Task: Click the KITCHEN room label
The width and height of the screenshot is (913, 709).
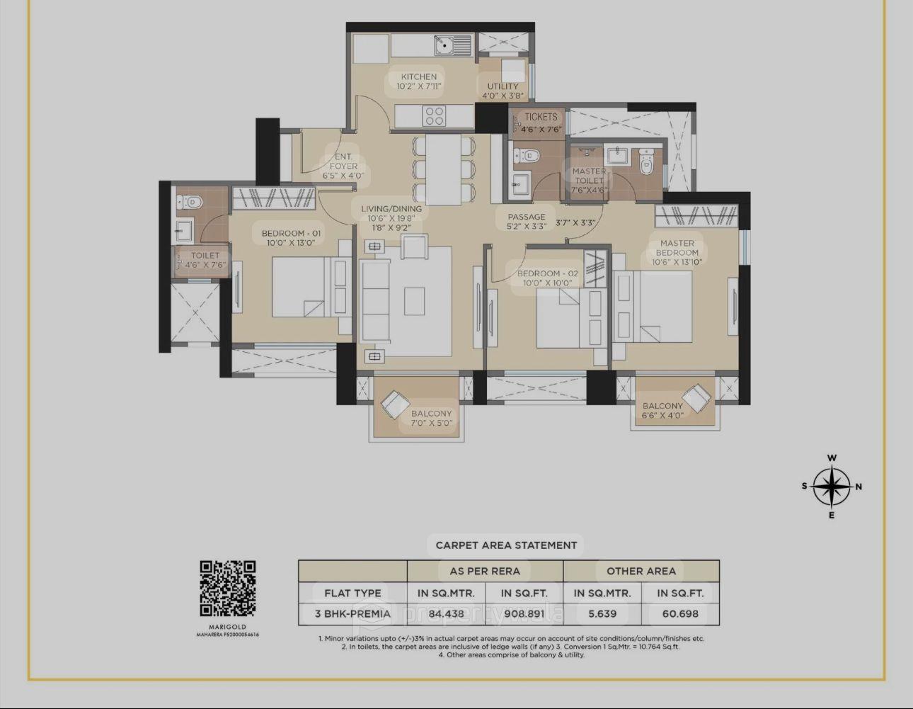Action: (419, 76)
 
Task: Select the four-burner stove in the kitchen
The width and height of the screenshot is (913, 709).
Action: (434, 115)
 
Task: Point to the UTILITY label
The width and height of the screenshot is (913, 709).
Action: (503, 86)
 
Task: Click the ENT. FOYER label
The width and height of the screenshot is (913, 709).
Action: (343, 161)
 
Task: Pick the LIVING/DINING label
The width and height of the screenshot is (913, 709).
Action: (391, 209)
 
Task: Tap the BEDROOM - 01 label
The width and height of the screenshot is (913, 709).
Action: (291, 233)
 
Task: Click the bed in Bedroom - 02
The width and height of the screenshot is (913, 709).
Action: (559, 319)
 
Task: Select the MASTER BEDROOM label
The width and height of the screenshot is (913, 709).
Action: (677, 247)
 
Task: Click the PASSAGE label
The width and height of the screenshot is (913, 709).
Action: (526, 217)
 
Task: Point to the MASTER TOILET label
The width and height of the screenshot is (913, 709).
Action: (589, 176)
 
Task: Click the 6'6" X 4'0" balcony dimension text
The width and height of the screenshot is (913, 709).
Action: (662, 416)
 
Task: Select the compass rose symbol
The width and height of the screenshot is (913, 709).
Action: (832, 487)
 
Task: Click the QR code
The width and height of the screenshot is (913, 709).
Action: (227, 589)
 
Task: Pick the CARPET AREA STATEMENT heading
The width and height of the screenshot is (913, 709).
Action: (506, 545)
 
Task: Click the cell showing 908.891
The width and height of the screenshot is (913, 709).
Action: (524, 614)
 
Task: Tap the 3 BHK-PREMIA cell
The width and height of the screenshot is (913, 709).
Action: (352, 614)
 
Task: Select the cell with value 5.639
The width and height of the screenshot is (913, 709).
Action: (602, 614)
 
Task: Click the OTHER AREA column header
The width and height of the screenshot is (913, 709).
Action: (641, 571)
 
